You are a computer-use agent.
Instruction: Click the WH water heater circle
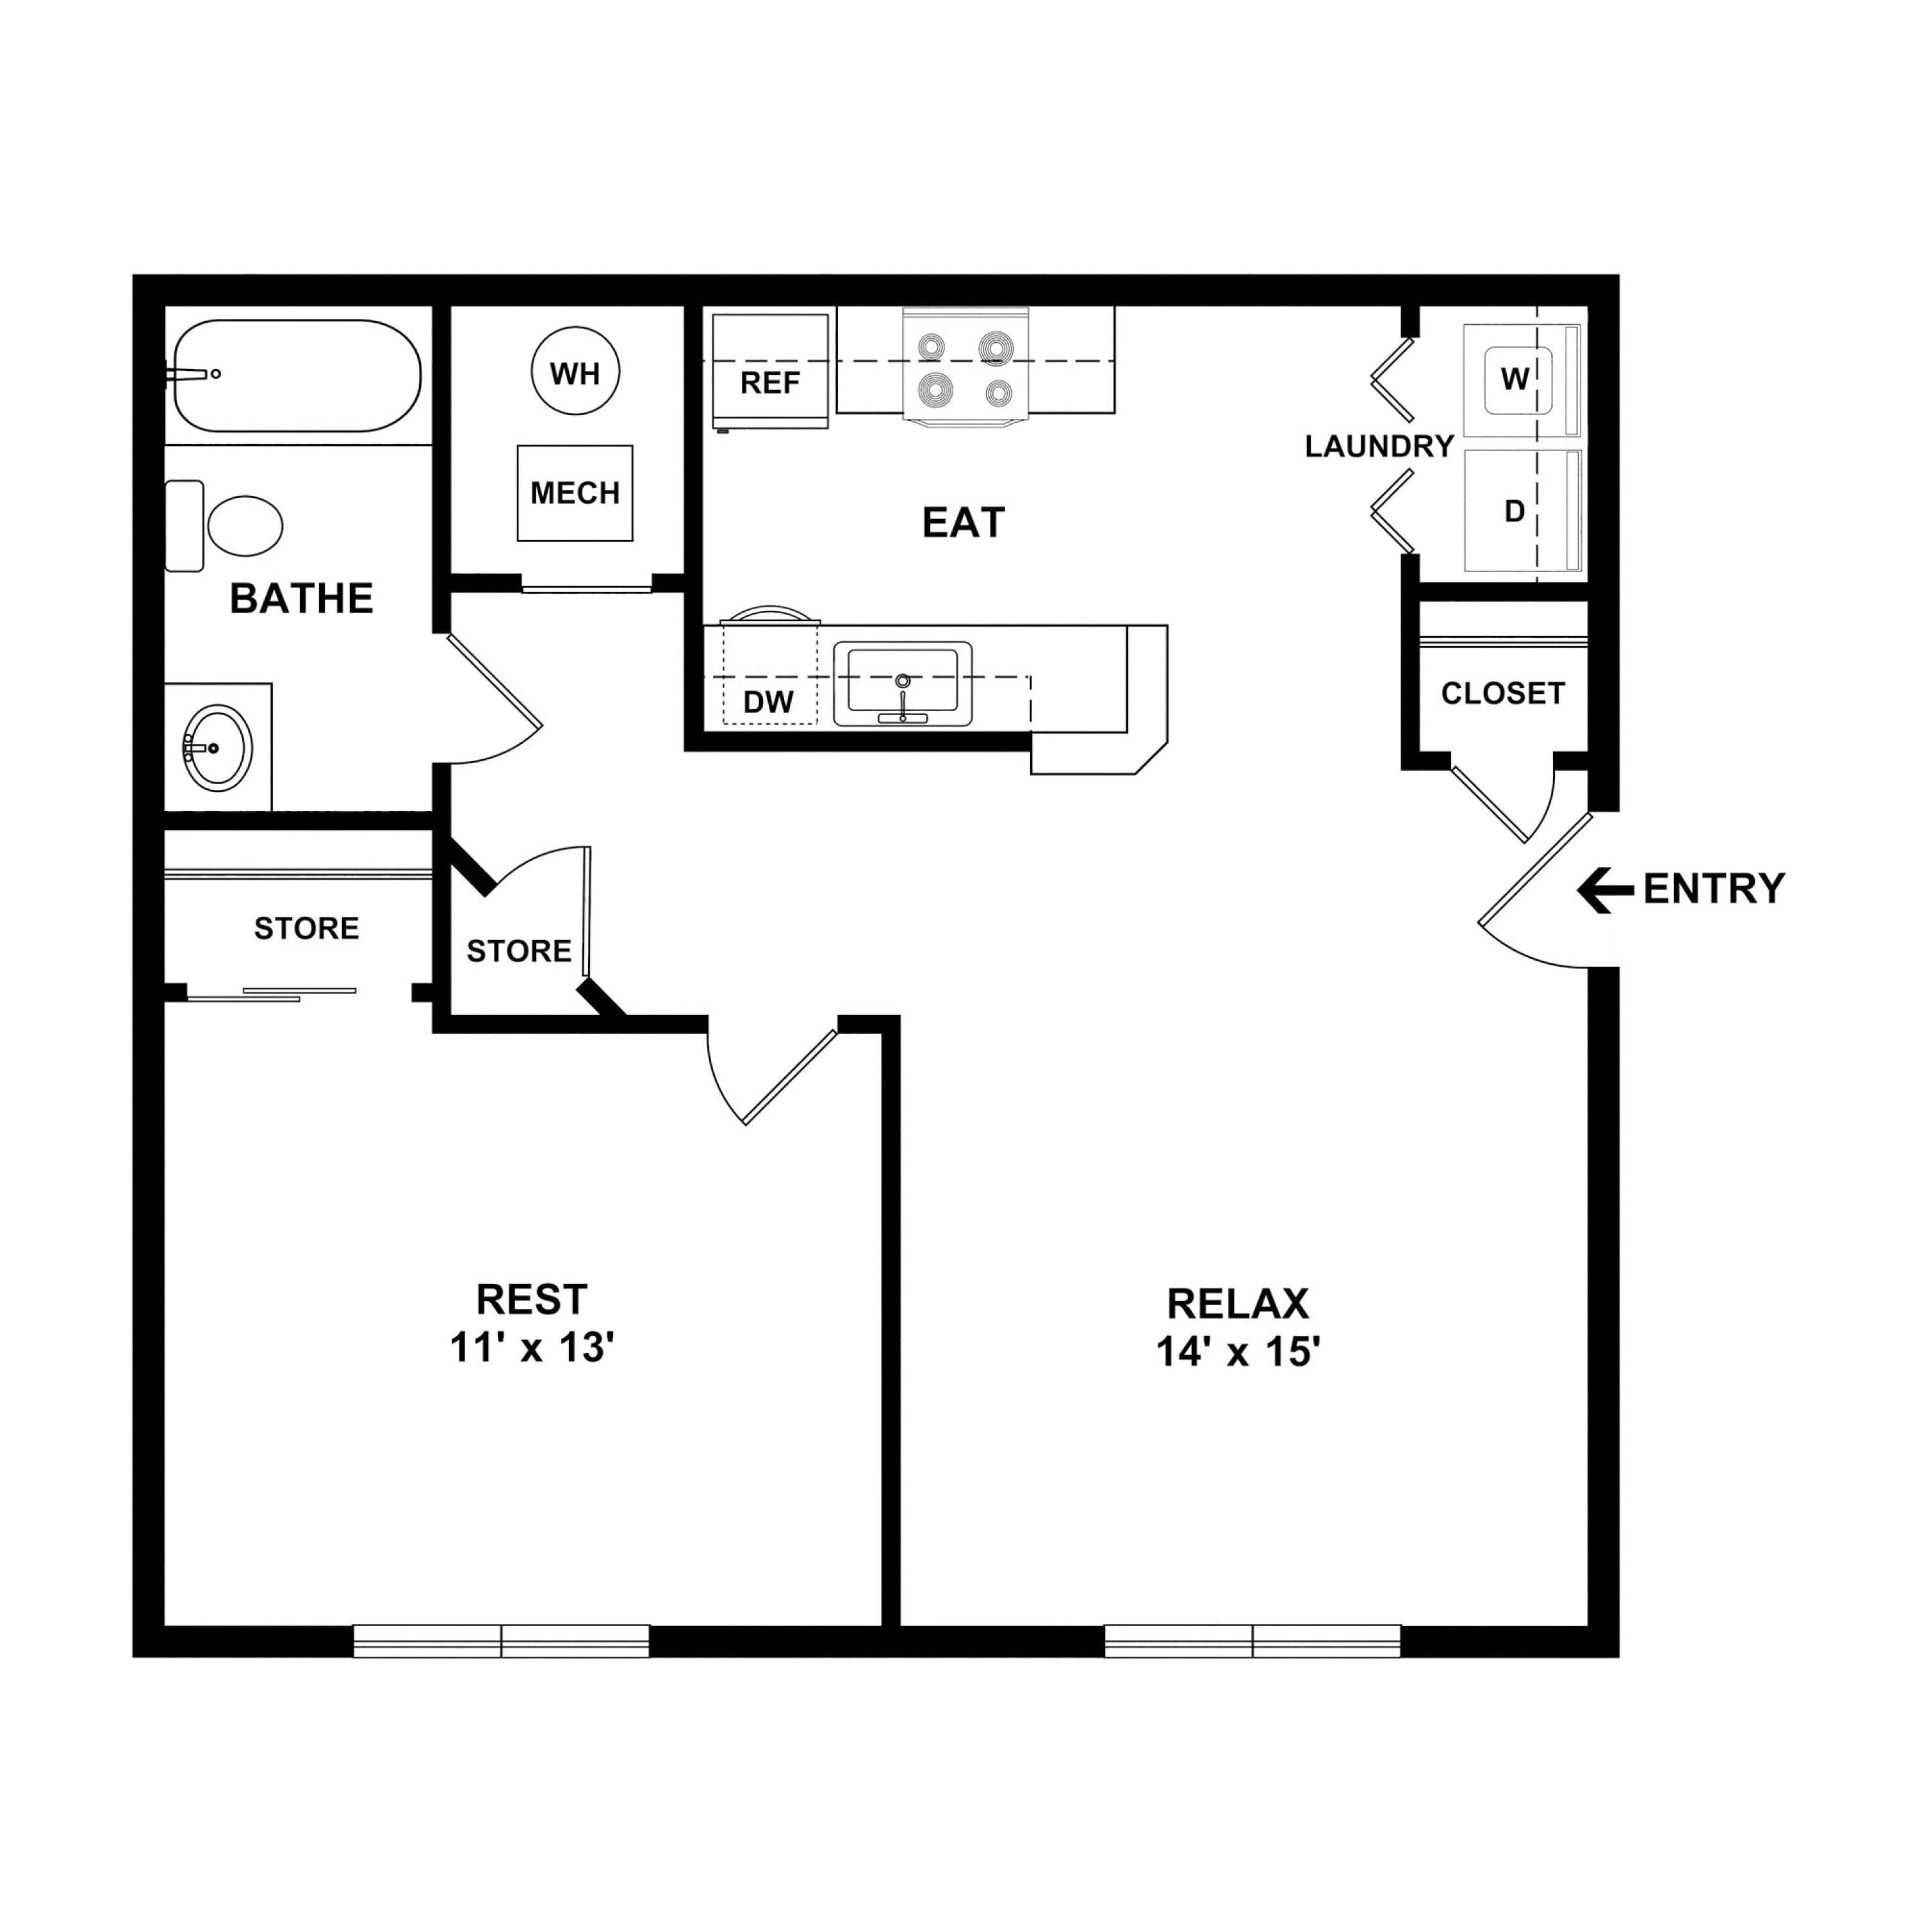click(x=575, y=371)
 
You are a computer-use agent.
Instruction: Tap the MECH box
click(x=575, y=493)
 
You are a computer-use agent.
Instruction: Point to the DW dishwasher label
click(x=769, y=702)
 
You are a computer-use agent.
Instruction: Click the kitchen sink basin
click(x=902, y=684)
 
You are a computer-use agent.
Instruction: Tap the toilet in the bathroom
click(x=225, y=526)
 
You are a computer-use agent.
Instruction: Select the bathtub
click(x=297, y=375)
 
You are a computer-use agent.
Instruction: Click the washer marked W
click(x=1522, y=380)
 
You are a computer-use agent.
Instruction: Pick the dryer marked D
click(x=1522, y=511)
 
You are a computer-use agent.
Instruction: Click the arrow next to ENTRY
click(x=1605, y=889)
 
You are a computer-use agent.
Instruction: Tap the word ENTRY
click(x=1714, y=889)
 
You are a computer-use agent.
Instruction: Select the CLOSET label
click(x=1503, y=693)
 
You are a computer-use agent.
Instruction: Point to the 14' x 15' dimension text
click(x=1238, y=1352)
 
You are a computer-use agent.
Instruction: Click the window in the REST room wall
click(x=502, y=1641)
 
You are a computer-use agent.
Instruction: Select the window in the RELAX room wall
click(x=1253, y=1641)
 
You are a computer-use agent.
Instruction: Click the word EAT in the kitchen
click(x=963, y=522)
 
